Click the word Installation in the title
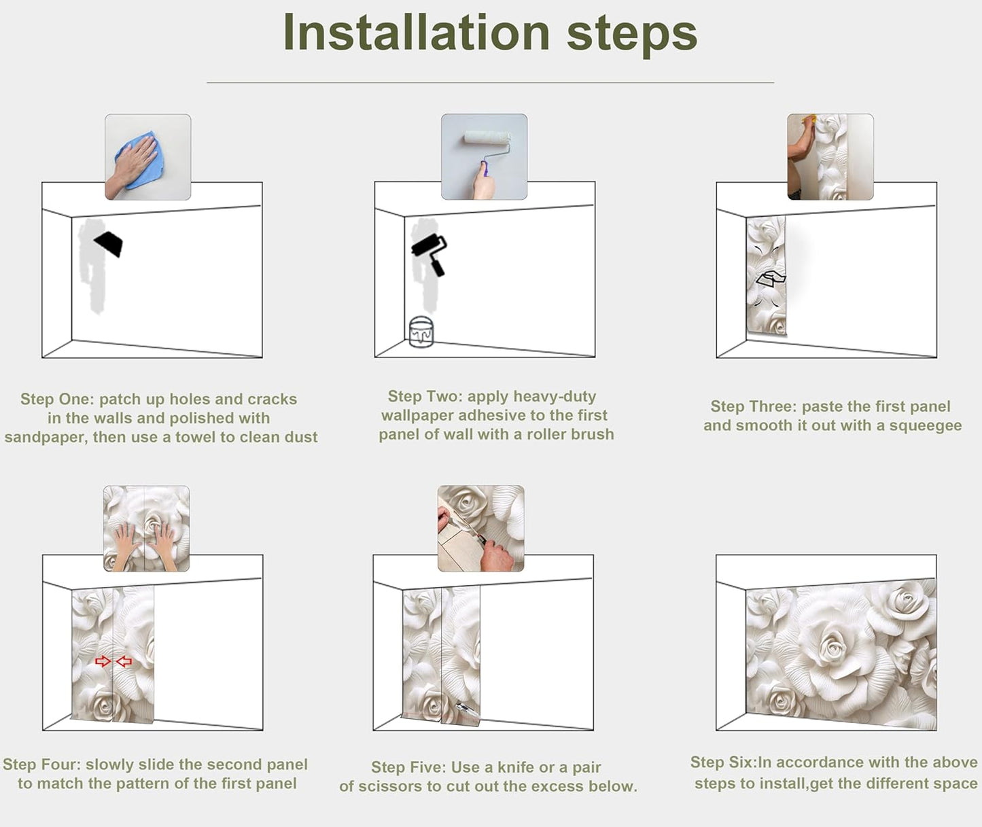click(416, 33)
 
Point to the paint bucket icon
click(421, 332)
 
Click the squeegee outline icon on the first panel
click(771, 278)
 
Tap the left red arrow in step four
click(103, 661)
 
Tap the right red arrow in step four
click(124, 661)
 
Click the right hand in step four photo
click(164, 544)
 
